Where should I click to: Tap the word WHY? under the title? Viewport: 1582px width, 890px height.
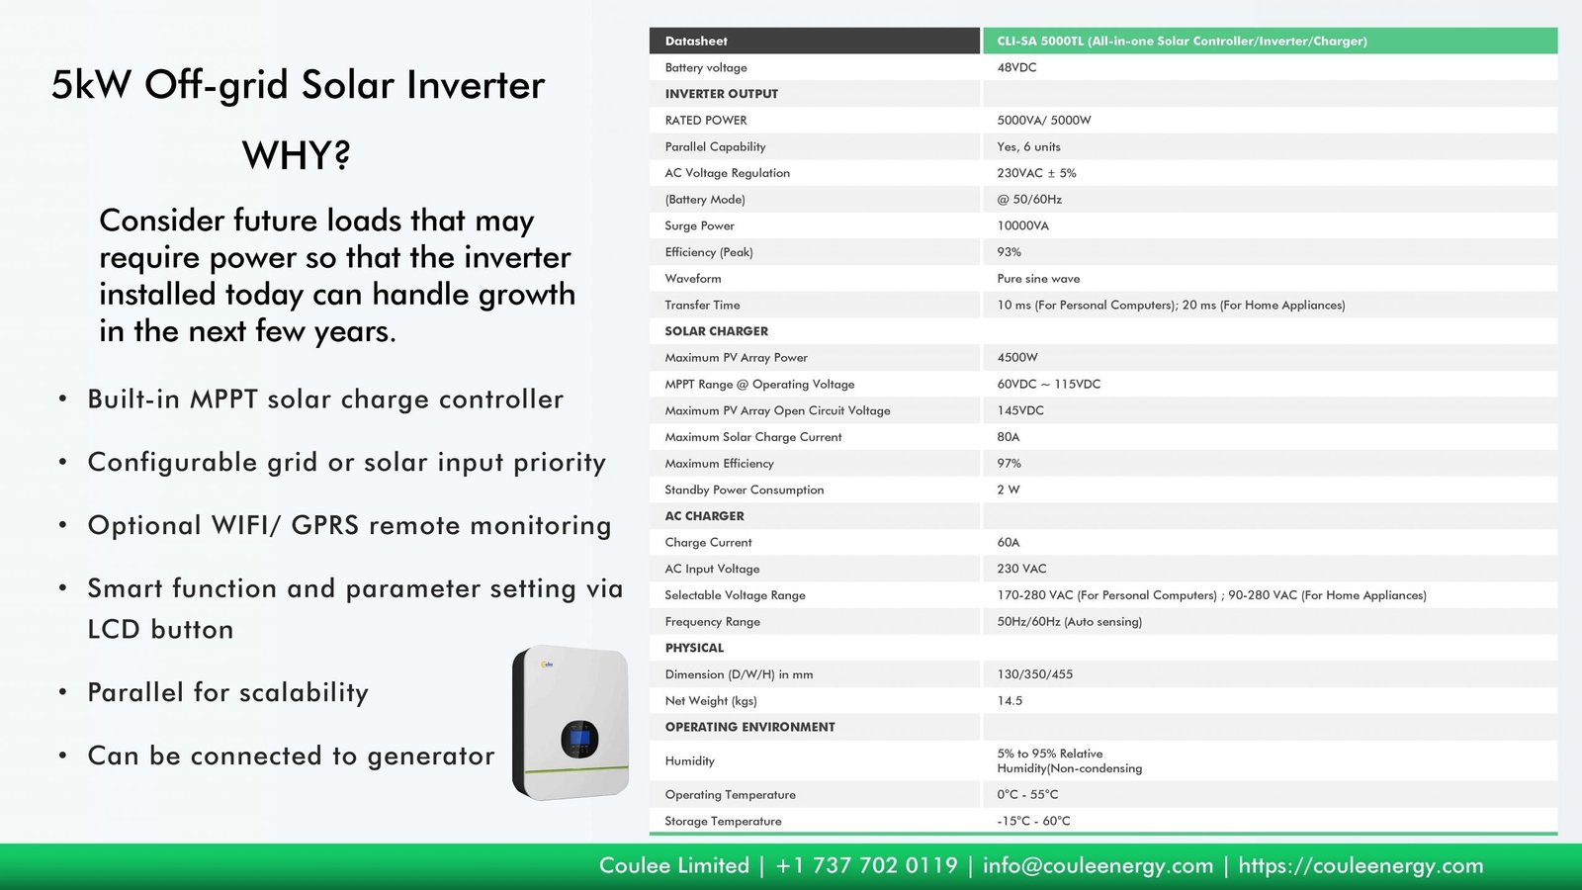click(x=296, y=155)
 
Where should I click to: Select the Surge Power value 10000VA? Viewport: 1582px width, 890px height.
click(x=1022, y=226)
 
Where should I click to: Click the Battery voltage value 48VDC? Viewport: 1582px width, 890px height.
click(x=1016, y=68)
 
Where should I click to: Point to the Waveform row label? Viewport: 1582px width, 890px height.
click(x=693, y=278)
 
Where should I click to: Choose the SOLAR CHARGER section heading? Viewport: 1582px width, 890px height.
click(x=716, y=331)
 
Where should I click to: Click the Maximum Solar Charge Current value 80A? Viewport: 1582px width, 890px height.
click(x=1008, y=437)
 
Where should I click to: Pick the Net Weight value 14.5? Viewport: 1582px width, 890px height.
click(x=1010, y=701)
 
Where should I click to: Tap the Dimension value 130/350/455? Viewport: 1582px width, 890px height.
click(x=1034, y=674)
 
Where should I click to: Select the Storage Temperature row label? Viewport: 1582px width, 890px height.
click(x=723, y=821)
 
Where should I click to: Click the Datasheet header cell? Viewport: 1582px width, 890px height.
click(x=696, y=41)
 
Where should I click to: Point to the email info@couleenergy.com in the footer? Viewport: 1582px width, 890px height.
click(x=1099, y=865)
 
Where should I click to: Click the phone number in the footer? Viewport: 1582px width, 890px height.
click(x=866, y=865)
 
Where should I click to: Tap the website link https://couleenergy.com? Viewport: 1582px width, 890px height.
click(x=1361, y=865)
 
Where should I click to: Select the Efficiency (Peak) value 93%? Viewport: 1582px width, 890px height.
click(x=1009, y=252)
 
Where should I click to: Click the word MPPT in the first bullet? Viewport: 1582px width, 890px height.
click(x=223, y=400)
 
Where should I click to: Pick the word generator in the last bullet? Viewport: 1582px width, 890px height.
click(x=431, y=756)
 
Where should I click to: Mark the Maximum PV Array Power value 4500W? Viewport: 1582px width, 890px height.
click(x=1017, y=357)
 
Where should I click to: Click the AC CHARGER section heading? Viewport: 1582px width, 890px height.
click(x=704, y=516)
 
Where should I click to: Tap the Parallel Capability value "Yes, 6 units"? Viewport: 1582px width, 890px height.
click(x=1028, y=147)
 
